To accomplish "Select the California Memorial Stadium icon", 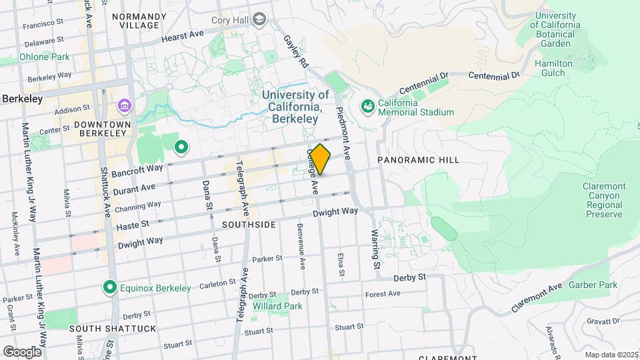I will pos(367,106).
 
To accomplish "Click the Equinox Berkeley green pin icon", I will pos(110,287).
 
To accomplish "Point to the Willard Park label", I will pos(277,307).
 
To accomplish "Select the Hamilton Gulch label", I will pos(553,68).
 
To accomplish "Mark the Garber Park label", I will pos(593,285).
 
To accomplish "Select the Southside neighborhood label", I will pos(249,225).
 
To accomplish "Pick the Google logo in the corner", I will pos(22,351).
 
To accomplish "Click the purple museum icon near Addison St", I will pos(124,105).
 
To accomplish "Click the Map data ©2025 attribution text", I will pos(610,355).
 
